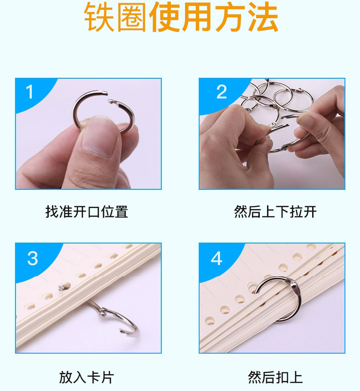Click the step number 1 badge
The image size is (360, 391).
pos(30,92)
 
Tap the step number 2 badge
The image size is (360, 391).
pos(221,92)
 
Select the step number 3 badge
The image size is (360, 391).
pos(33,258)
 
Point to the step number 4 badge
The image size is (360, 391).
pos(216,258)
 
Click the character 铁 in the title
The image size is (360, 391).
pos(99,17)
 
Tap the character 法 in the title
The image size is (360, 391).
pos(262,17)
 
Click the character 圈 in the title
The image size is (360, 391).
pos(132,17)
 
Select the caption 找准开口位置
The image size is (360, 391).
pos(87,212)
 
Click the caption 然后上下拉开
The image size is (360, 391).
pos(275,212)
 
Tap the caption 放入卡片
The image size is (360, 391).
pos(87,377)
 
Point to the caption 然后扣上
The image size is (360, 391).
pos(275,377)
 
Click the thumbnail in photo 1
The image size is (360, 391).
pos(98,138)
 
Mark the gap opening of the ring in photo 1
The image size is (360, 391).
pos(108,97)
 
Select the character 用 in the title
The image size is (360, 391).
pos(197,17)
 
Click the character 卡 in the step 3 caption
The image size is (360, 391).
pos(93,377)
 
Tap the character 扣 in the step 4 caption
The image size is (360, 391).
pos(283,377)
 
